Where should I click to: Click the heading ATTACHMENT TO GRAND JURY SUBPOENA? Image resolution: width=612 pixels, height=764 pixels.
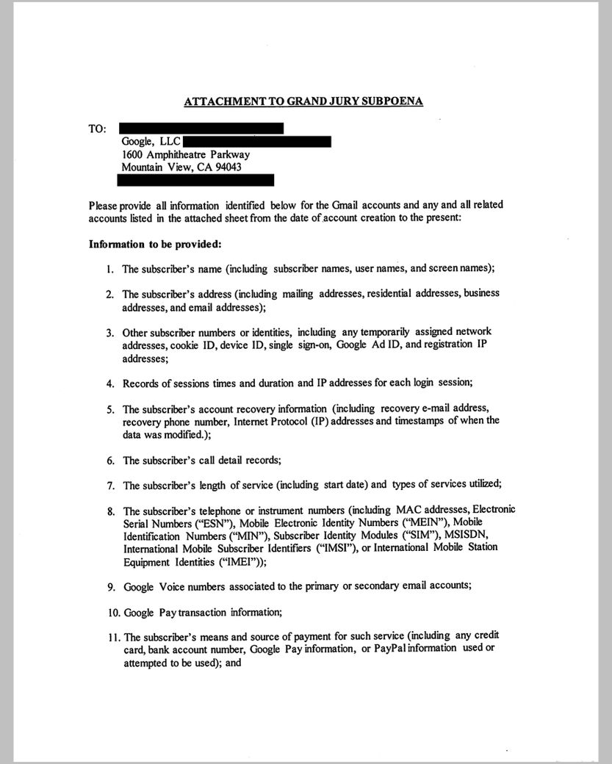tap(303, 101)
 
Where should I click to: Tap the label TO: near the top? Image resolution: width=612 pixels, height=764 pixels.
tap(97, 129)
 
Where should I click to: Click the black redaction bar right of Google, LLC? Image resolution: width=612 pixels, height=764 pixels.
tap(256, 142)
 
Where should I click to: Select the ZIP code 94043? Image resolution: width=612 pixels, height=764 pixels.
tap(226, 167)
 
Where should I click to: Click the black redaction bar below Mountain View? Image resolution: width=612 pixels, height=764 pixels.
tap(198, 180)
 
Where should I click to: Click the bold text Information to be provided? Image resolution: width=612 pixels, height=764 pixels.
tap(144, 244)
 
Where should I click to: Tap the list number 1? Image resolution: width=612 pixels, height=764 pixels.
tap(110, 269)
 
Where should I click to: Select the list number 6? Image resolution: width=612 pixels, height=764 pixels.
tap(110, 461)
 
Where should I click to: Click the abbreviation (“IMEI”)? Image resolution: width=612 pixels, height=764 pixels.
tap(242, 561)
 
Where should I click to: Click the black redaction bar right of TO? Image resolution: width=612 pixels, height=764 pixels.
tap(201, 129)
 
